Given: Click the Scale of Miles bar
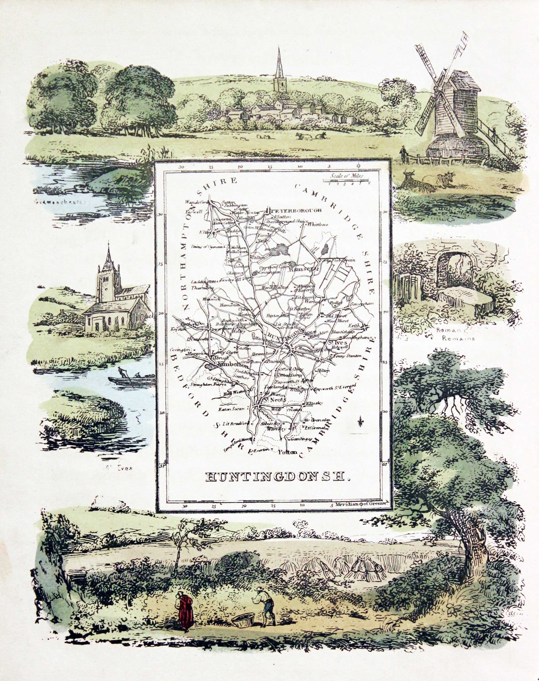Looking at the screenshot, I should click(x=346, y=180).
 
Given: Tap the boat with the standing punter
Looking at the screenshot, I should click(x=131, y=380).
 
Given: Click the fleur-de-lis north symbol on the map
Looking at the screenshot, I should click(x=360, y=422).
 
